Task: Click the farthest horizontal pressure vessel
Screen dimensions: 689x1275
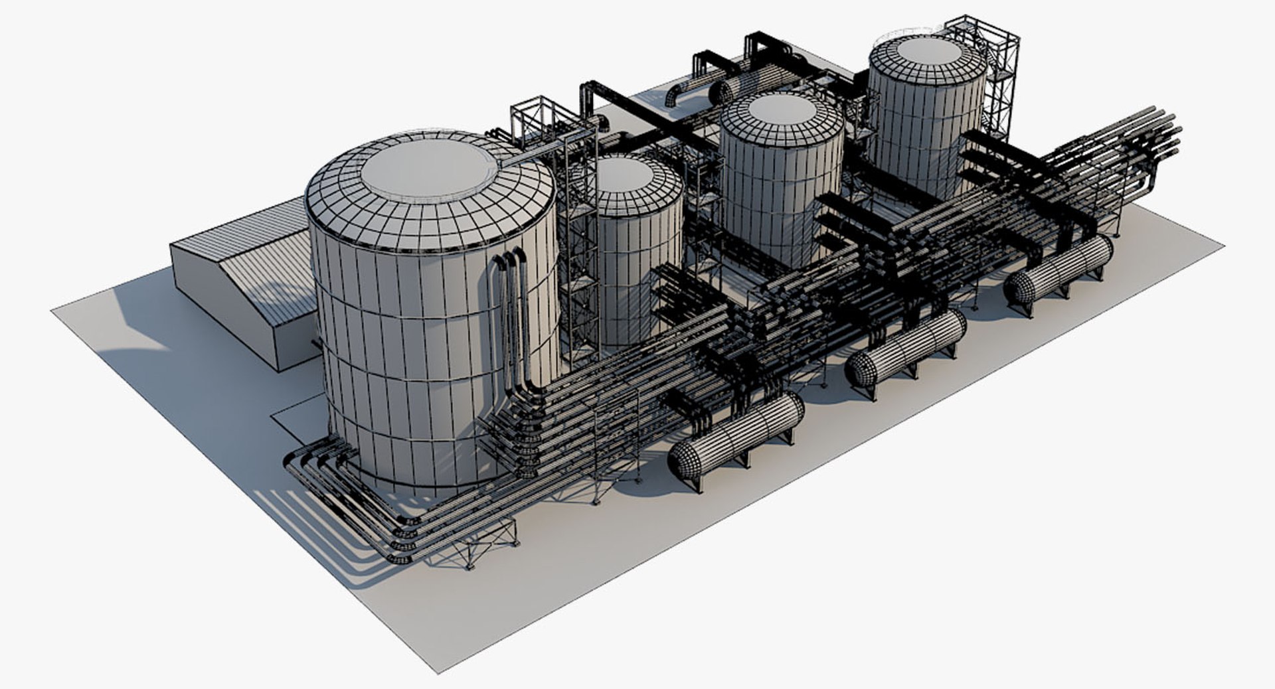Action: tap(1059, 271)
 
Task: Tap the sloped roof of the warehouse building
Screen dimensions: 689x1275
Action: tap(266, 266)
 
